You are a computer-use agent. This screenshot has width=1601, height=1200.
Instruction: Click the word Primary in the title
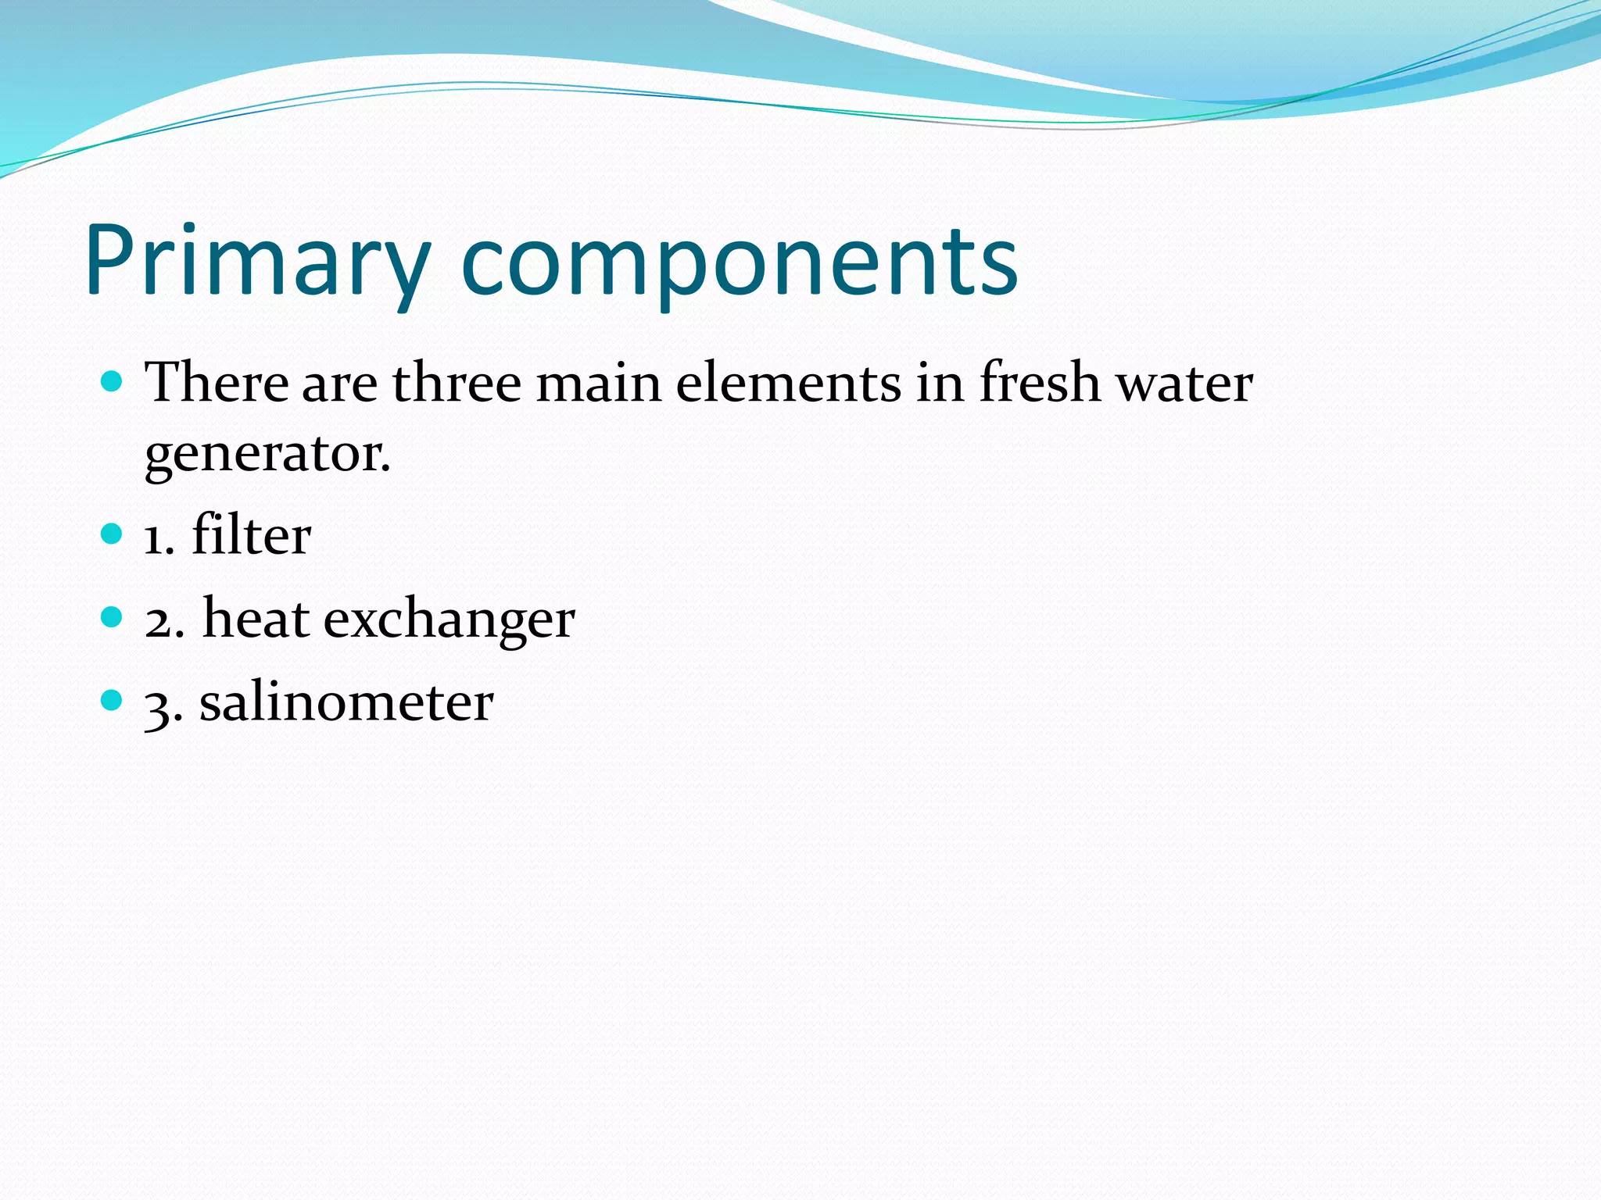[x=258, y=262]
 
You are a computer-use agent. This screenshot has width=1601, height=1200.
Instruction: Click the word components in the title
[x=739, y=262]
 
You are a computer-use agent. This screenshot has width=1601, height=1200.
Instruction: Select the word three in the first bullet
[x=457, y=383]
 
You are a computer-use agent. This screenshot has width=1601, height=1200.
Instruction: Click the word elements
[x=788, y=383]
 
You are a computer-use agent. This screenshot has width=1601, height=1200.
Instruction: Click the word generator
[x=267, y=455]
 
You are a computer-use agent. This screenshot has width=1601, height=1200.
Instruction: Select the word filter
[x=251, y=535]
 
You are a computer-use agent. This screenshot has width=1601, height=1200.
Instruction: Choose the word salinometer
[x=346, y=702]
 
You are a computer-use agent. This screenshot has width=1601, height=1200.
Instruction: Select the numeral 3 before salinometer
[x=159, y=706]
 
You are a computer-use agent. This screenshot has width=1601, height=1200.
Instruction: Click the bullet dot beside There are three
[x=113, y=381]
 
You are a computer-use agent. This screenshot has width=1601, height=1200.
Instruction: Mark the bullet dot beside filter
[x=113, y=534]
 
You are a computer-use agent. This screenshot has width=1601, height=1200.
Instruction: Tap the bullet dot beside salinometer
[x=113, y=700]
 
